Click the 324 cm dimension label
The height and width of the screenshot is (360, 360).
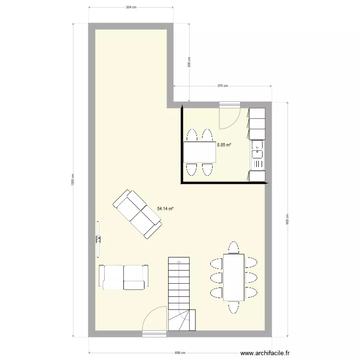(x=131, y=7)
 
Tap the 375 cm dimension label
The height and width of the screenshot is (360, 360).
(x=222, y=86)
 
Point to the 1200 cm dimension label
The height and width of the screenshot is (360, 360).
(x=72, y=180)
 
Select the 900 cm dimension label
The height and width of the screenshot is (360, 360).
(x=287, y=219)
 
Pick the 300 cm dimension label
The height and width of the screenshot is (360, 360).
(x=189, y=62)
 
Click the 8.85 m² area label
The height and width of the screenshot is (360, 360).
(x=224, y=144)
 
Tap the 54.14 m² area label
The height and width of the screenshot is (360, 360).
(x=165, y=209)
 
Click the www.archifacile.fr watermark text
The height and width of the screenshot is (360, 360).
(x=265, y=353)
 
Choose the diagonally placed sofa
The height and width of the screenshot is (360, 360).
(x=137, y=214)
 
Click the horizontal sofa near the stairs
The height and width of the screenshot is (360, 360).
(x=123, y=277)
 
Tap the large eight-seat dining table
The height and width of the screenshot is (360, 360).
(x=234, y=277)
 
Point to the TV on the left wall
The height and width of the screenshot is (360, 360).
(x=98, y=239)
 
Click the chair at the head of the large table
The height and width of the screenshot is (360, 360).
(x=234, y=247)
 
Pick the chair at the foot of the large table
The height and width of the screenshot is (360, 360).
(x=234, y=307)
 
